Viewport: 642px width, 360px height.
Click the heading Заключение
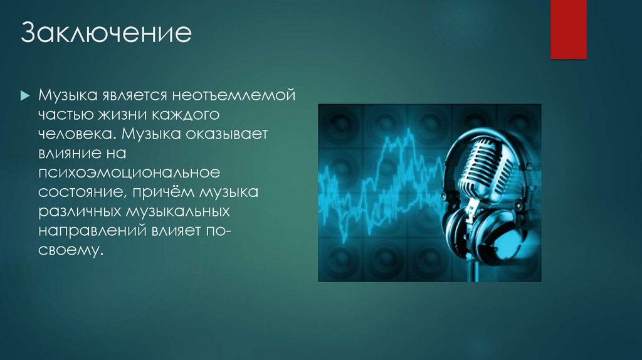(106, 33)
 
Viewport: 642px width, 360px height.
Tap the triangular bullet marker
(25, 97)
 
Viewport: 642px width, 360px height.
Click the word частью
(62, 116)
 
